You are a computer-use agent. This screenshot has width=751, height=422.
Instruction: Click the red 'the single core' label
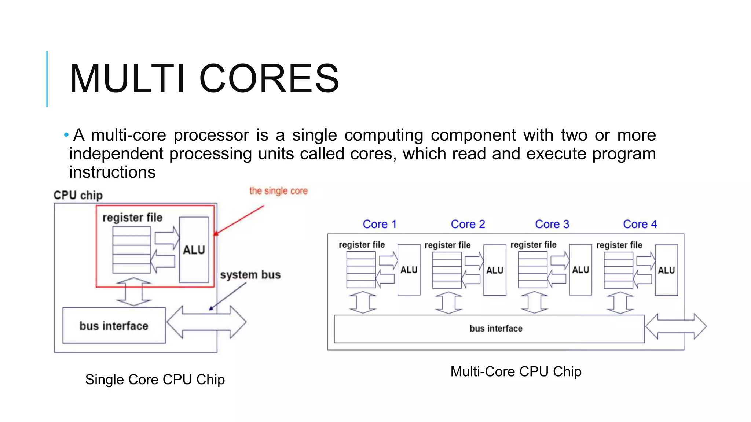pyautogui.click(x=278, y=191)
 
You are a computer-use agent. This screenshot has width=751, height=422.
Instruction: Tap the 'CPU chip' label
pyautogui.click(x=78, y=195)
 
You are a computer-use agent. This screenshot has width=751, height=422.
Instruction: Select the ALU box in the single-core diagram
pyautogui.click(x=194, y=250)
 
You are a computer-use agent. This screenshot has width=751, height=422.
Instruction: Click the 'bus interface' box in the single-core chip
pyautogui.click(x=114, y=326)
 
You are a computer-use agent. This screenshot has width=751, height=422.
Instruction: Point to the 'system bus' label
pyautogui.click(x=250, y=275)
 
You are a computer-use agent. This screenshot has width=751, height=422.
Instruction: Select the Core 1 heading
pyautogui.click(x=380, y=224)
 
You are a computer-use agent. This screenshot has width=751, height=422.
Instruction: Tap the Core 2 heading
pyautogui.click(x=468, y=224)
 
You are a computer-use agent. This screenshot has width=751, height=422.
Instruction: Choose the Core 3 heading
pyautogui.click(x=552, y=224)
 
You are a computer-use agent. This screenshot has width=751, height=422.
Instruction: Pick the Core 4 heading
pyautogui.click(x=640, y=224)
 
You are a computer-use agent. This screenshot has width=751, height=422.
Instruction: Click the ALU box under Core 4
pyautogui.click(x=666, y=270)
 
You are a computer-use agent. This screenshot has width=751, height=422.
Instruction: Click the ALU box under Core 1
pyautogui.click(x=409, y=270)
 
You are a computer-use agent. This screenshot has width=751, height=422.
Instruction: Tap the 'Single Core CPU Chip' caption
pyautogui.click(x=155, y=380)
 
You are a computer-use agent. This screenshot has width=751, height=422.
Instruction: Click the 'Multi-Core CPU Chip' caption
pyautogui.click(x=516, y=371)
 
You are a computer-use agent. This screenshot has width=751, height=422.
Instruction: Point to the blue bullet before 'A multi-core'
pyautogui.click(x=66, y=135)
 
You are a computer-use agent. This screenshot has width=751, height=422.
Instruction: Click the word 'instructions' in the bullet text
pyautogui.click(x=112, y=172)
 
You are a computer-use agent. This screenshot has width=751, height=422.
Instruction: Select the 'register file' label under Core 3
pyautogui.click(x=533, y=245)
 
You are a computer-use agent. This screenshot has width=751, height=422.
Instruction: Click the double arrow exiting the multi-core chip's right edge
pyautogui.click(x=676, y=326)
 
